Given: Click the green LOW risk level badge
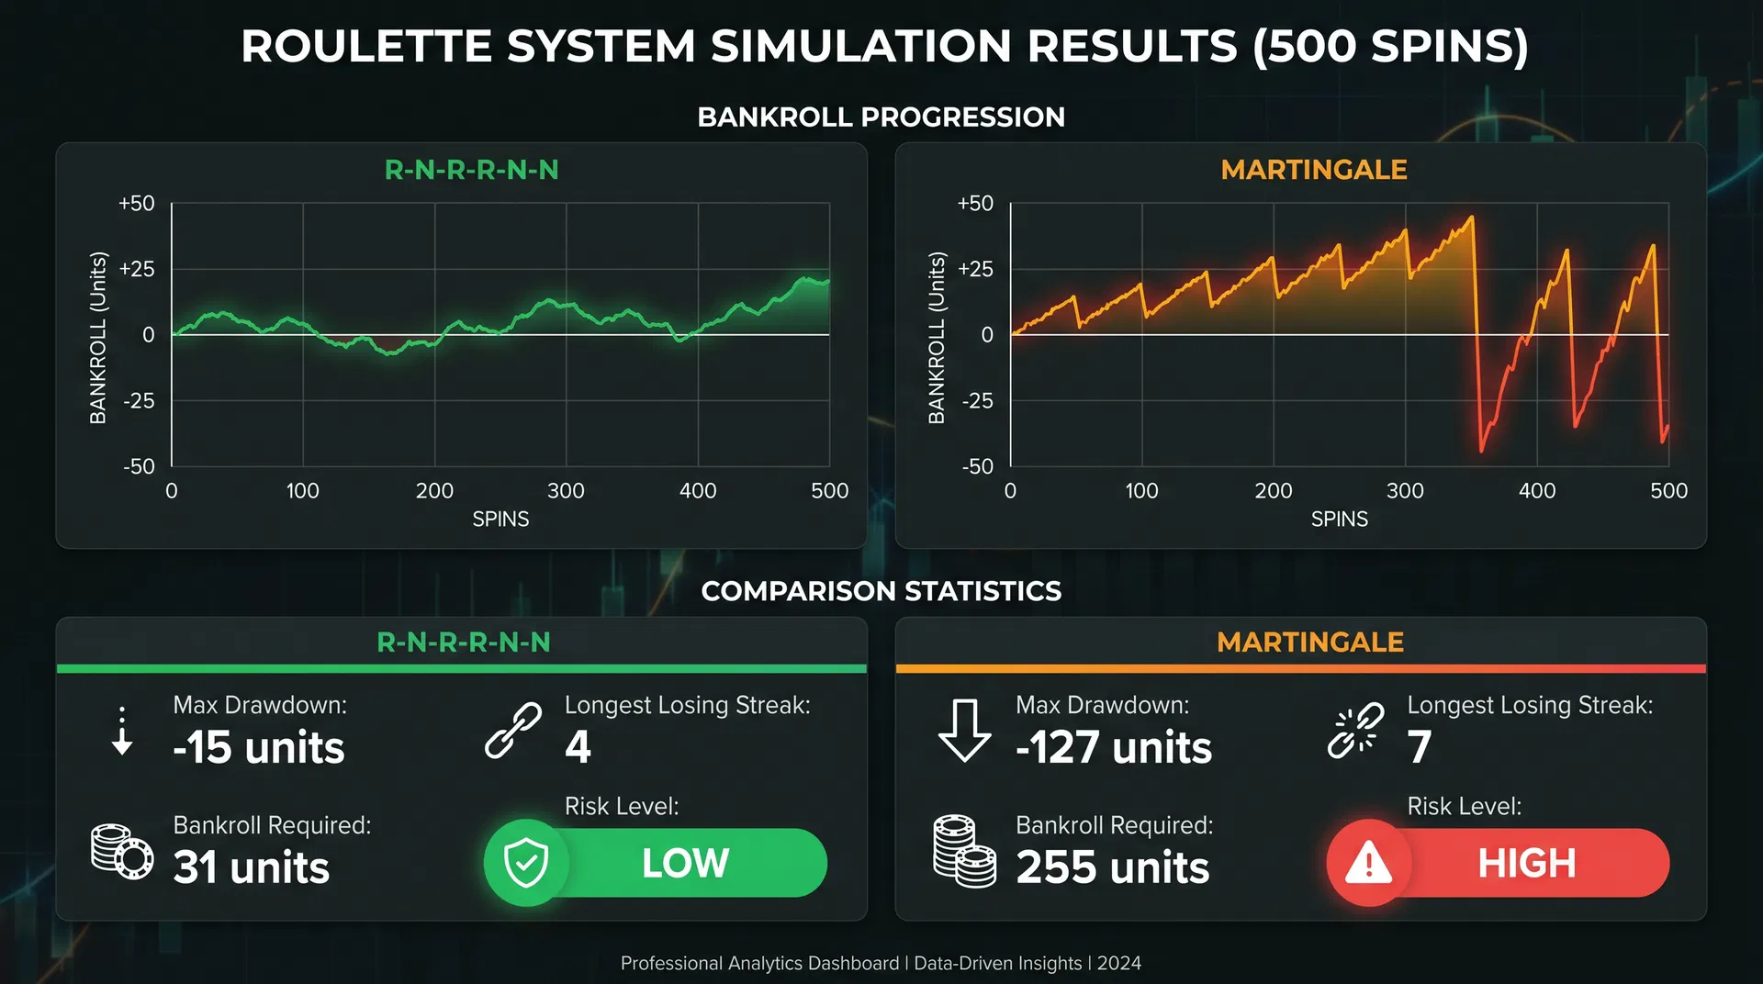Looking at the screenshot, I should click(x=684, y=863).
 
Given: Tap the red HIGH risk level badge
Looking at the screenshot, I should click(x=1526, y=863).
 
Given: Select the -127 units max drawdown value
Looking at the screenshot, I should click(x=1113, y=747).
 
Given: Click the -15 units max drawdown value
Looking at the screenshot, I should click(x=259, y=747).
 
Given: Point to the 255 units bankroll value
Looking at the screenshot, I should click(x=1112, y=867).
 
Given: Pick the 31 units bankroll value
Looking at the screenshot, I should click(x=251, y=867).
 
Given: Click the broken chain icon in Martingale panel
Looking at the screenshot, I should click(x=1355, y=732).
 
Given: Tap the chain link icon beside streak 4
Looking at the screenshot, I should click(x=513, y=731).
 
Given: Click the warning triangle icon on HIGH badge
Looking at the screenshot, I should click(x=1368, y=863).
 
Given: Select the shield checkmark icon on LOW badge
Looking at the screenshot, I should click(x=526, y=863).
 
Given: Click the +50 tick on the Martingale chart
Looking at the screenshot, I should click(x=975, y=203).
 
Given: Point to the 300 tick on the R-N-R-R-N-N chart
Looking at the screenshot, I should click(x=566, y=491).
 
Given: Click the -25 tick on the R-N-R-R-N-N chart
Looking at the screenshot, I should click(x=139, y=400).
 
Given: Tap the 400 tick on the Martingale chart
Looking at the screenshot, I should click(x=1537, y=491).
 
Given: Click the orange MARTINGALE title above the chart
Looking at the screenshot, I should click(x=1313, y=170).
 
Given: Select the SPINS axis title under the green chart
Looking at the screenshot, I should click(x=500, y=520).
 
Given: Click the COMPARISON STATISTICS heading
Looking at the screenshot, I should click(x=881, y=591).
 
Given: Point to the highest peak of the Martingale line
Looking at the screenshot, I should click(x=1472, y=218).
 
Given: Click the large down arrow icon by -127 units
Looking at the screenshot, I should click(x=964, y=731).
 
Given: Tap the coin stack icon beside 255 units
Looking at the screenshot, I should click(x=964, y=851).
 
